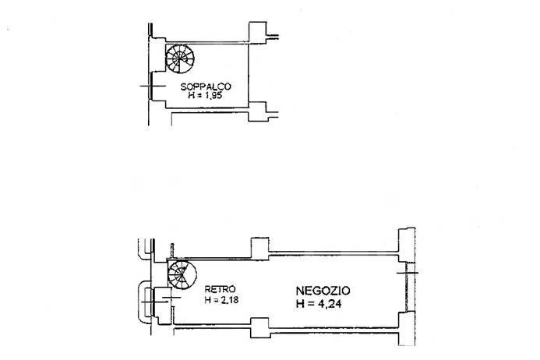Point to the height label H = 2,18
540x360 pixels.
219,298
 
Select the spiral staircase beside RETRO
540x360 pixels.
185,277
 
